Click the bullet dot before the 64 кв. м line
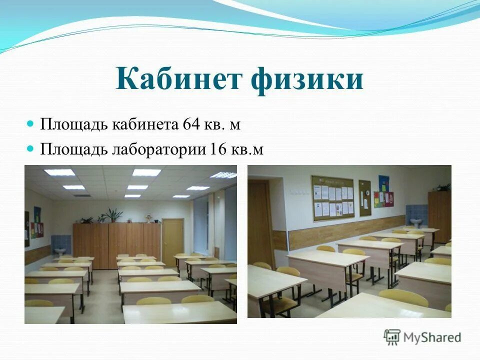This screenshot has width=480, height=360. (30, 123)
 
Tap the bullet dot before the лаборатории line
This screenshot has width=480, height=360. (30, 147)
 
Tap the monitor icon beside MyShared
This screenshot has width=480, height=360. (392, 337)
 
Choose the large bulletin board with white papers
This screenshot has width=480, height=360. (333, 197)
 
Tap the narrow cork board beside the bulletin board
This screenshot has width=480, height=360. (365, 198)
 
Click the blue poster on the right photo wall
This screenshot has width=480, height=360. (383, 183)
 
